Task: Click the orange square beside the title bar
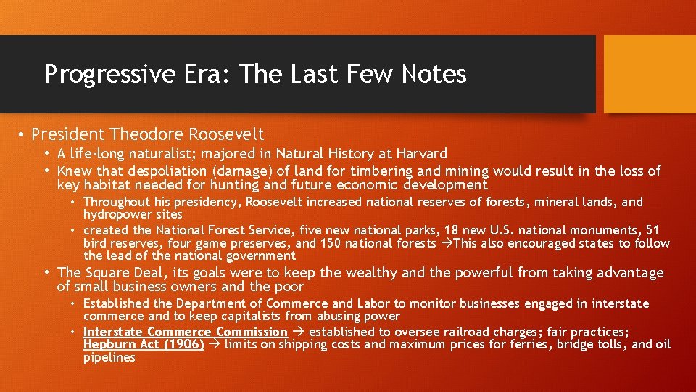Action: tap(650, 74)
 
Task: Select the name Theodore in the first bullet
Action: tap(149, 134)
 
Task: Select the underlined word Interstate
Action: tap(113, 332)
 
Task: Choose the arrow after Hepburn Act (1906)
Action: tap(214, 345)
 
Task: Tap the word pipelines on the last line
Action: tap(109, 358)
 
